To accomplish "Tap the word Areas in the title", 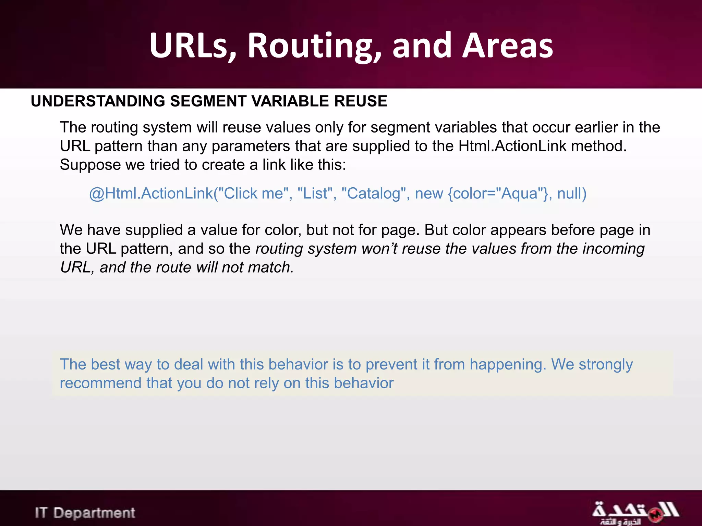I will pos(507,46).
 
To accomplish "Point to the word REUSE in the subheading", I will pos(361,101).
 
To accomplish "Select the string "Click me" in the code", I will pos(255,193).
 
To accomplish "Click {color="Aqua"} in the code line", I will pos(499,193).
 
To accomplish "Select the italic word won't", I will pos(379,249).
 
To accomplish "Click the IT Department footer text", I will pos(85,513).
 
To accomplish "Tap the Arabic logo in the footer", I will pos(635,512).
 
